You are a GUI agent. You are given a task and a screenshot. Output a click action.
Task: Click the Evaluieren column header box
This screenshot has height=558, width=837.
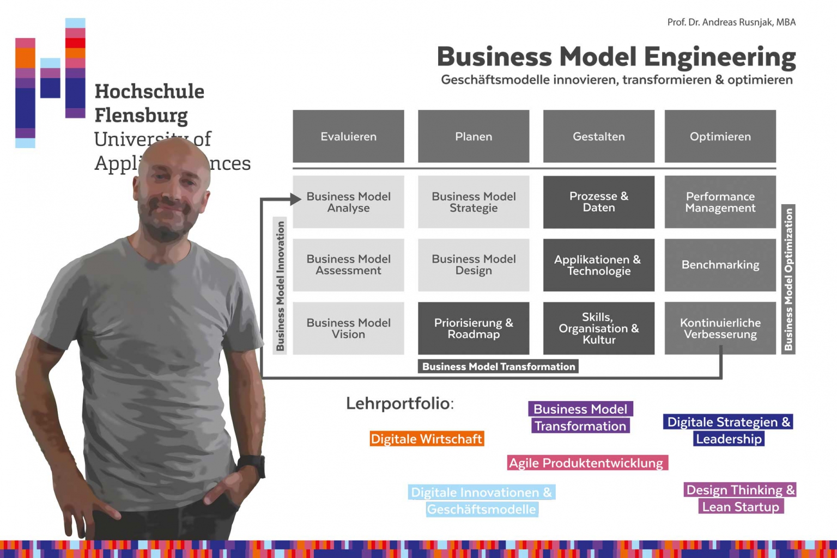point(348,136)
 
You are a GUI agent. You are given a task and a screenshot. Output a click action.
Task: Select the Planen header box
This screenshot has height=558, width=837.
point(474,136)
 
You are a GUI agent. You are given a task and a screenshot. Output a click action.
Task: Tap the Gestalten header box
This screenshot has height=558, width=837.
point(598,136)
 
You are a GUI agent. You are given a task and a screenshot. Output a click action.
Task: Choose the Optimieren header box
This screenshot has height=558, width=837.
point(720,136)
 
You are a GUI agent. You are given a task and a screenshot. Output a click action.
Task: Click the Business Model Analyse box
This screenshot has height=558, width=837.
point(348,202)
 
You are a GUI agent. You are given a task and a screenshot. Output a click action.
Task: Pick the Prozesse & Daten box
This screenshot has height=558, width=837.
point(598,202)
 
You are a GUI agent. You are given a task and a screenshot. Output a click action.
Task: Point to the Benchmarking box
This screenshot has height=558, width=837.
point(720,265)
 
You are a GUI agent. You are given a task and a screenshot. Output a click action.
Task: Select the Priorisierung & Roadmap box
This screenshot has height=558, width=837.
point(474,328)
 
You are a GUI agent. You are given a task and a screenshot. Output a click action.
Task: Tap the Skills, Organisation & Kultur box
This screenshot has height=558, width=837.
point(598,328)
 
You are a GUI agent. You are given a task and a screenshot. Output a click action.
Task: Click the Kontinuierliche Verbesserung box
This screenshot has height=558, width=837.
point(720,328)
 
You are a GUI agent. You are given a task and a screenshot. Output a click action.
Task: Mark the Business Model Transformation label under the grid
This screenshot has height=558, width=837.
point(498,366)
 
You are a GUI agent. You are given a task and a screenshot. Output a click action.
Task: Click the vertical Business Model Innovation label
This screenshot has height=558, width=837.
point(280,286)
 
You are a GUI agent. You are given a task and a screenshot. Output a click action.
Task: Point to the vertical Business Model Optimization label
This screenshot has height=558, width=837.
point(789,279)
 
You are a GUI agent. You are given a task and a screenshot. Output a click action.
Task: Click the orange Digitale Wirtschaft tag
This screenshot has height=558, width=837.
point(427,439)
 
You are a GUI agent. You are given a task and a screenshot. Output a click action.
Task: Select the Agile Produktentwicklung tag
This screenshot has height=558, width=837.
point(586,463)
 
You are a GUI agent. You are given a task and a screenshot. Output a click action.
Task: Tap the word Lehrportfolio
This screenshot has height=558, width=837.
point(399,403)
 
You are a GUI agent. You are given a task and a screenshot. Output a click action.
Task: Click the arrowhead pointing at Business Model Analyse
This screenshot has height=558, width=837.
point(296,199)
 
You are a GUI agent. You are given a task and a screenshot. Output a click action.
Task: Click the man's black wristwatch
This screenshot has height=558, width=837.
point(252,465)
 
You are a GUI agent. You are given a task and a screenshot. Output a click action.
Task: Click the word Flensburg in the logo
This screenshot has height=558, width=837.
point(141,115)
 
